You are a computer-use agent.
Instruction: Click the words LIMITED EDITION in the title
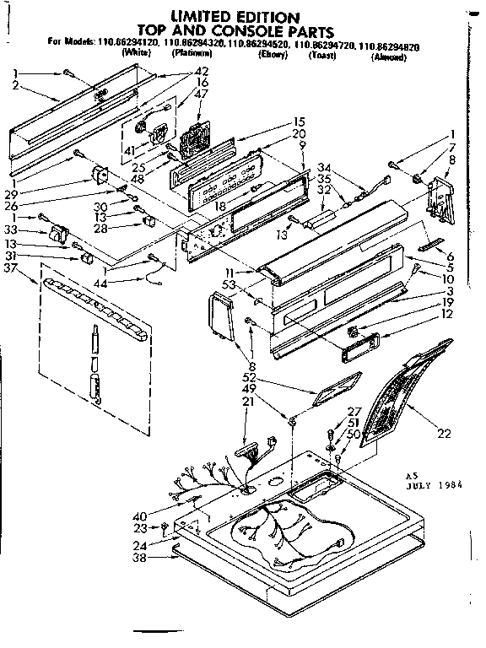pos(235,16)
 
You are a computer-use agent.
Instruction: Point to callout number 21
pos(247,403)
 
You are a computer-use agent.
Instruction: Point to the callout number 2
pos(16,86)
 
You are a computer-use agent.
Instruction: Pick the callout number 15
pos(298,121)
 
